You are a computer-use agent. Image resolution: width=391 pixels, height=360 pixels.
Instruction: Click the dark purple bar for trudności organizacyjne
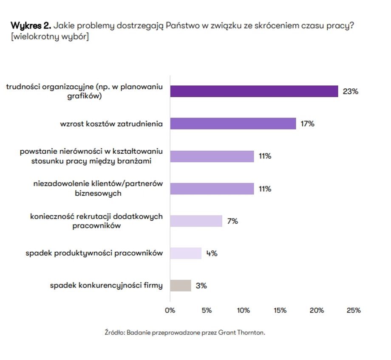pos(254,91)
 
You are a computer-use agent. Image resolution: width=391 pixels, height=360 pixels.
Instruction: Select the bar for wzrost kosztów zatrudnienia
pos(233,124)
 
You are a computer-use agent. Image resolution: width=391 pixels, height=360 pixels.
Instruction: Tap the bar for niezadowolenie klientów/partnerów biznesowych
pos(212,188)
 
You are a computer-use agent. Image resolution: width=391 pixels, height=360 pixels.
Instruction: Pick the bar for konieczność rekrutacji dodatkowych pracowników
pos(196,221)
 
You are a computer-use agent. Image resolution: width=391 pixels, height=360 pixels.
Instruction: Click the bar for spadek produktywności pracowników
pos(186,253)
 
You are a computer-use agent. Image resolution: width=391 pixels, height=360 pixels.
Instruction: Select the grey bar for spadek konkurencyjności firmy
pos(181,286)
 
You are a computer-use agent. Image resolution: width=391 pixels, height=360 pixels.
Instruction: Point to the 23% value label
pos(351,91)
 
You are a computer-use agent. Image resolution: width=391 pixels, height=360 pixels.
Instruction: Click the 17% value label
pos(307,124)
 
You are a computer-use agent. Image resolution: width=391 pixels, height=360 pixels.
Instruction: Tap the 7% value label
pos(232,221)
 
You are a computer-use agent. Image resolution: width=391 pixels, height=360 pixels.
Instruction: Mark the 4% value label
pos(212,253)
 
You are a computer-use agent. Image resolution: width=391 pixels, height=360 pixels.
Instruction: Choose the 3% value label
pos(201,286)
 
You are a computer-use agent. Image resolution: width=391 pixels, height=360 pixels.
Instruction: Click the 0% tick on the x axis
pos(170,310)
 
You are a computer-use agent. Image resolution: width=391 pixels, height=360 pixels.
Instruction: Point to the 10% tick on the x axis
pos(244,310)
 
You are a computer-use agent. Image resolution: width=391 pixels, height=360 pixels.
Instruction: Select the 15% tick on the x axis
pos(280,310)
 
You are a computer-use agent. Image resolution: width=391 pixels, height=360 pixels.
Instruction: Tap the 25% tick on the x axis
pos(354,310)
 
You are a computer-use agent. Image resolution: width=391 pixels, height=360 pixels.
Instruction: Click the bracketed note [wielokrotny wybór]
pos(50,37)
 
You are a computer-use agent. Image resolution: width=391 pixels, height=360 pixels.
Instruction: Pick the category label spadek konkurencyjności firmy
pos(106,286)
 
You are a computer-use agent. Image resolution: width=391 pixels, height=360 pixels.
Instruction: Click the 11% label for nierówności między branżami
pos(265,156)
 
